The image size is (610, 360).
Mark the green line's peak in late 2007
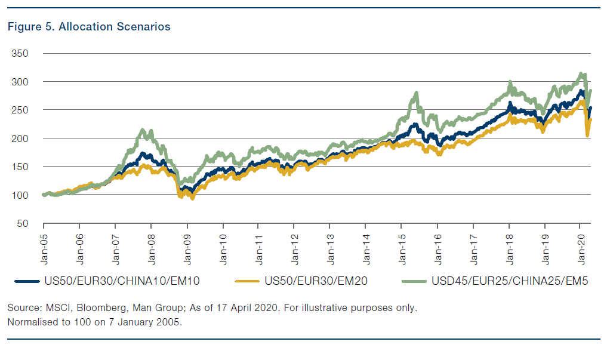[141, 130]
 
